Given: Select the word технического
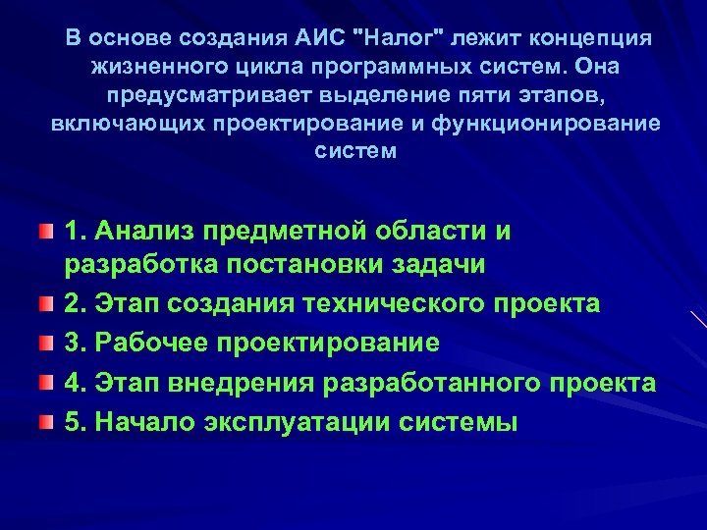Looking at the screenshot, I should pos(393,304).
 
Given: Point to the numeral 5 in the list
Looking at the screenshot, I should pos(71,423).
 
